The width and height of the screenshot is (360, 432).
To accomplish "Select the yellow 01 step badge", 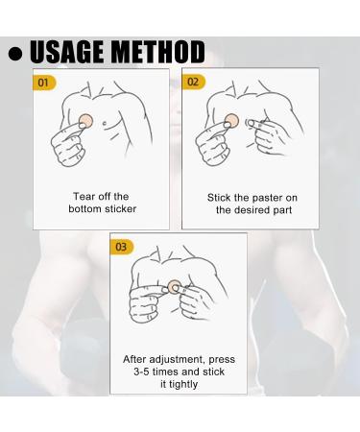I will click(44, 84).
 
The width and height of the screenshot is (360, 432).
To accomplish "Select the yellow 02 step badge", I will click(193, 83).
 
